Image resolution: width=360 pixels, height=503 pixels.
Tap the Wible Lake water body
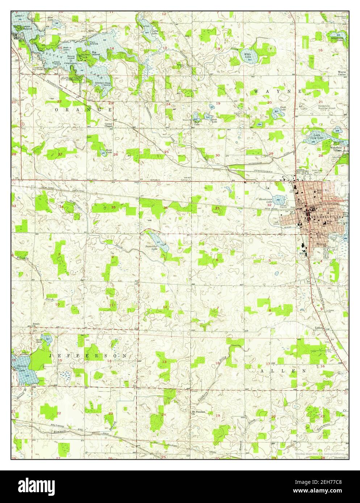250,56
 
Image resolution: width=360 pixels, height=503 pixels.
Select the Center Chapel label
109,125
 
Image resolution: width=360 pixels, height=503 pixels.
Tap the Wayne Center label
342,73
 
